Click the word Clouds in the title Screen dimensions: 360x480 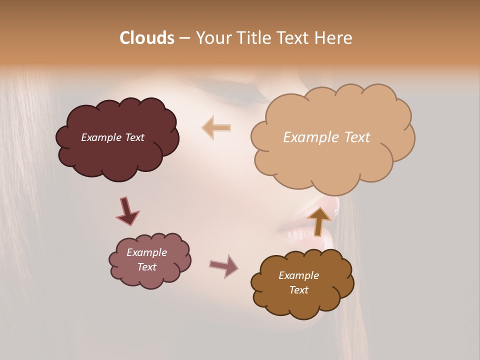point(146,38)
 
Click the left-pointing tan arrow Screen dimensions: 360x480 point(216,127)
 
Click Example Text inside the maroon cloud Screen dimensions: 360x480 point(112,137)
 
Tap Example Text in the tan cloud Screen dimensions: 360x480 point(326,137)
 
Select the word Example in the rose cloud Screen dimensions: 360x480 point(146,252)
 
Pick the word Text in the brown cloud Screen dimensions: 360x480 point(298,290)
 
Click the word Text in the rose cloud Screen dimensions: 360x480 point(146,267)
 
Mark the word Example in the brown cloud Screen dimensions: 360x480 point(298,275)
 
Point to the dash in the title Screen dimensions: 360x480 point(184,38)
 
